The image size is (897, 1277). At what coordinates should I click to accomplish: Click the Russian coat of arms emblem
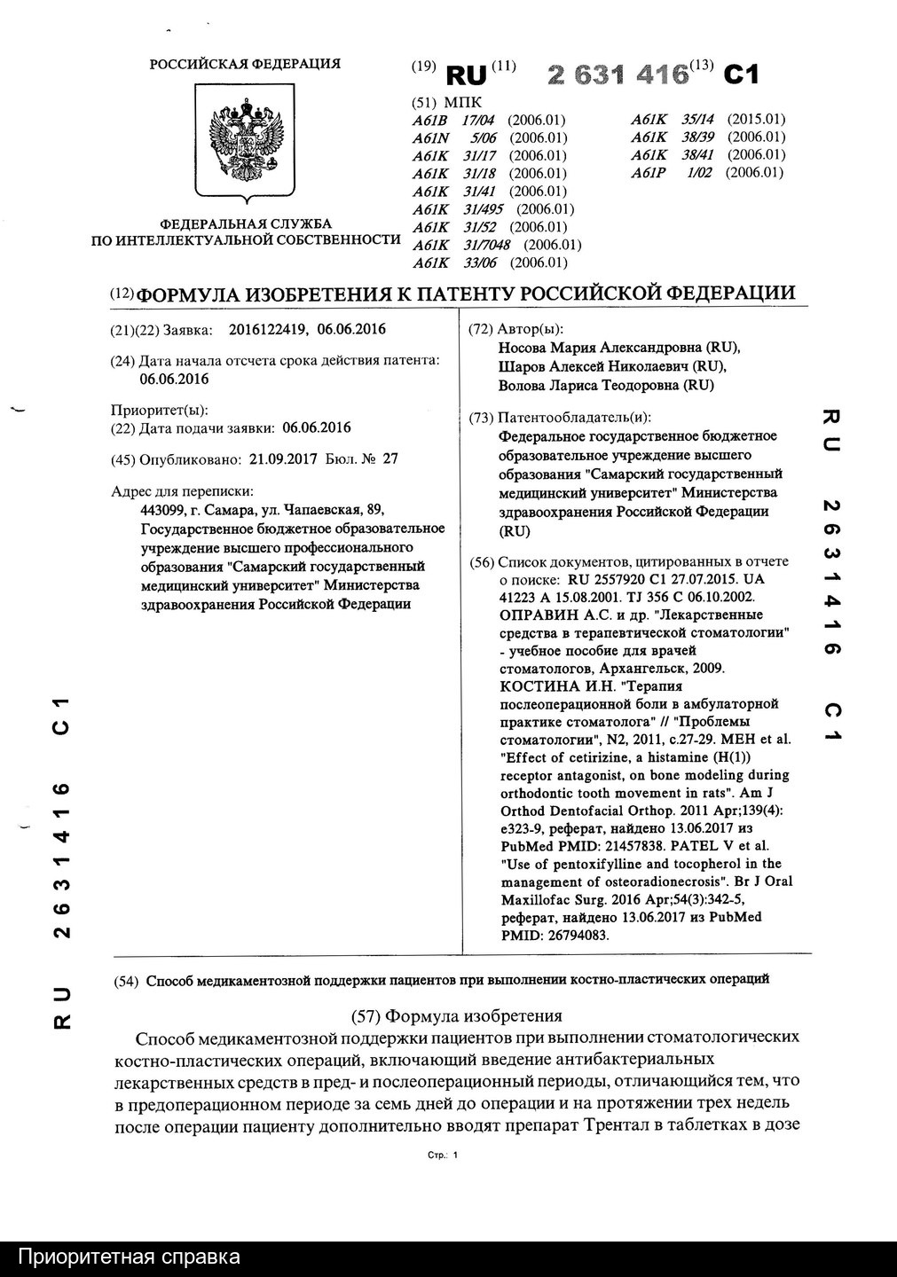coord(244,142)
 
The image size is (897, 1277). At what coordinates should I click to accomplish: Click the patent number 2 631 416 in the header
coord(618,74)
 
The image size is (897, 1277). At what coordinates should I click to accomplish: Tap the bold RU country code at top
coord(467,75)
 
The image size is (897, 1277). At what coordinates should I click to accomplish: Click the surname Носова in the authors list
coord(523,347)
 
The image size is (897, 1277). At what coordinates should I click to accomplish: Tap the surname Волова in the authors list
coord(523,386)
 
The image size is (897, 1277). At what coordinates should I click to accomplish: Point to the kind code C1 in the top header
coord(741,75)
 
